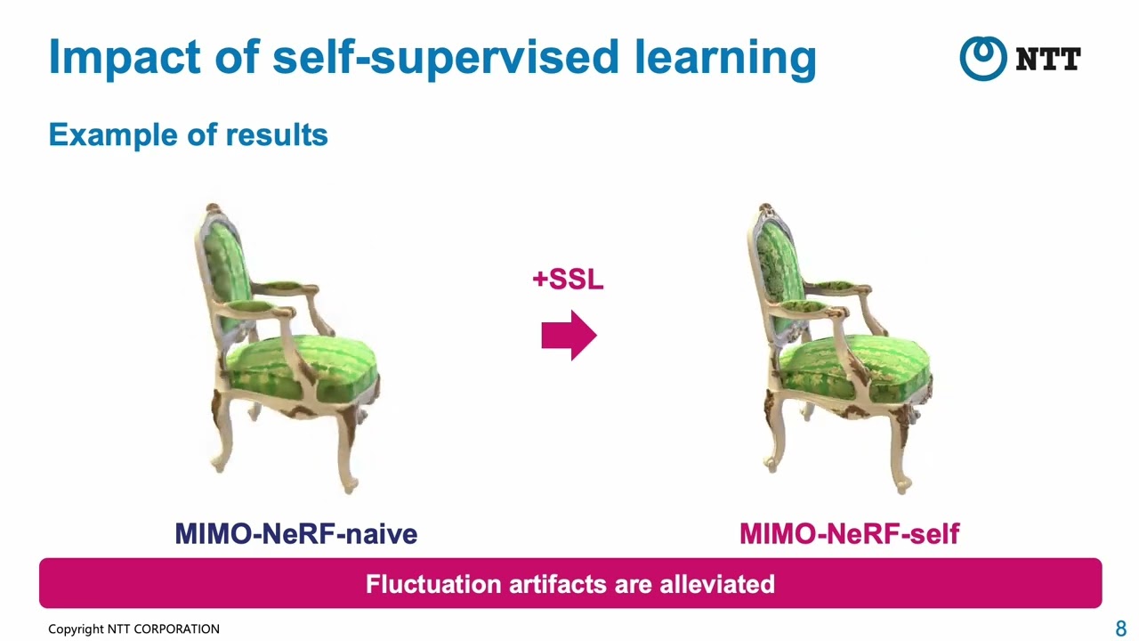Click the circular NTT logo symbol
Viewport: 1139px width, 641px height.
pyautogui.click(x=981, y=59)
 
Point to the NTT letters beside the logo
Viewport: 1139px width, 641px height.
pyautogui.click(x=1047, y=60)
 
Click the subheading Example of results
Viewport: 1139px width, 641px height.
pyautogui.click(x=188, y=134)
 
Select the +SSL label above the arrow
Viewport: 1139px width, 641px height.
pyautogui.click(x=568, y=280)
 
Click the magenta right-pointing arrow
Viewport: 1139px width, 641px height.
pyautogui.click(x=569, y=336)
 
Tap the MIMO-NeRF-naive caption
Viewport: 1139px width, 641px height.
pyautogui.click(x=296, y=534)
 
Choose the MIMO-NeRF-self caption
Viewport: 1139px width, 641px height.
pyautogui.click(x=849, y=534)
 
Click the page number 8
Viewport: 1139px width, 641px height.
pyautogui.click(x=1120, y=629)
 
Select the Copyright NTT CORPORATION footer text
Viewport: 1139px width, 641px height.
pyautogui.click(x=133, y=629)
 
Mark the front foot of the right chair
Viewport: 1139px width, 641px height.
pyautogui.click(x=903, y=485)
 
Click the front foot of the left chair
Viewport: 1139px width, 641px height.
pyautogui.click(x=350, y=485)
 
